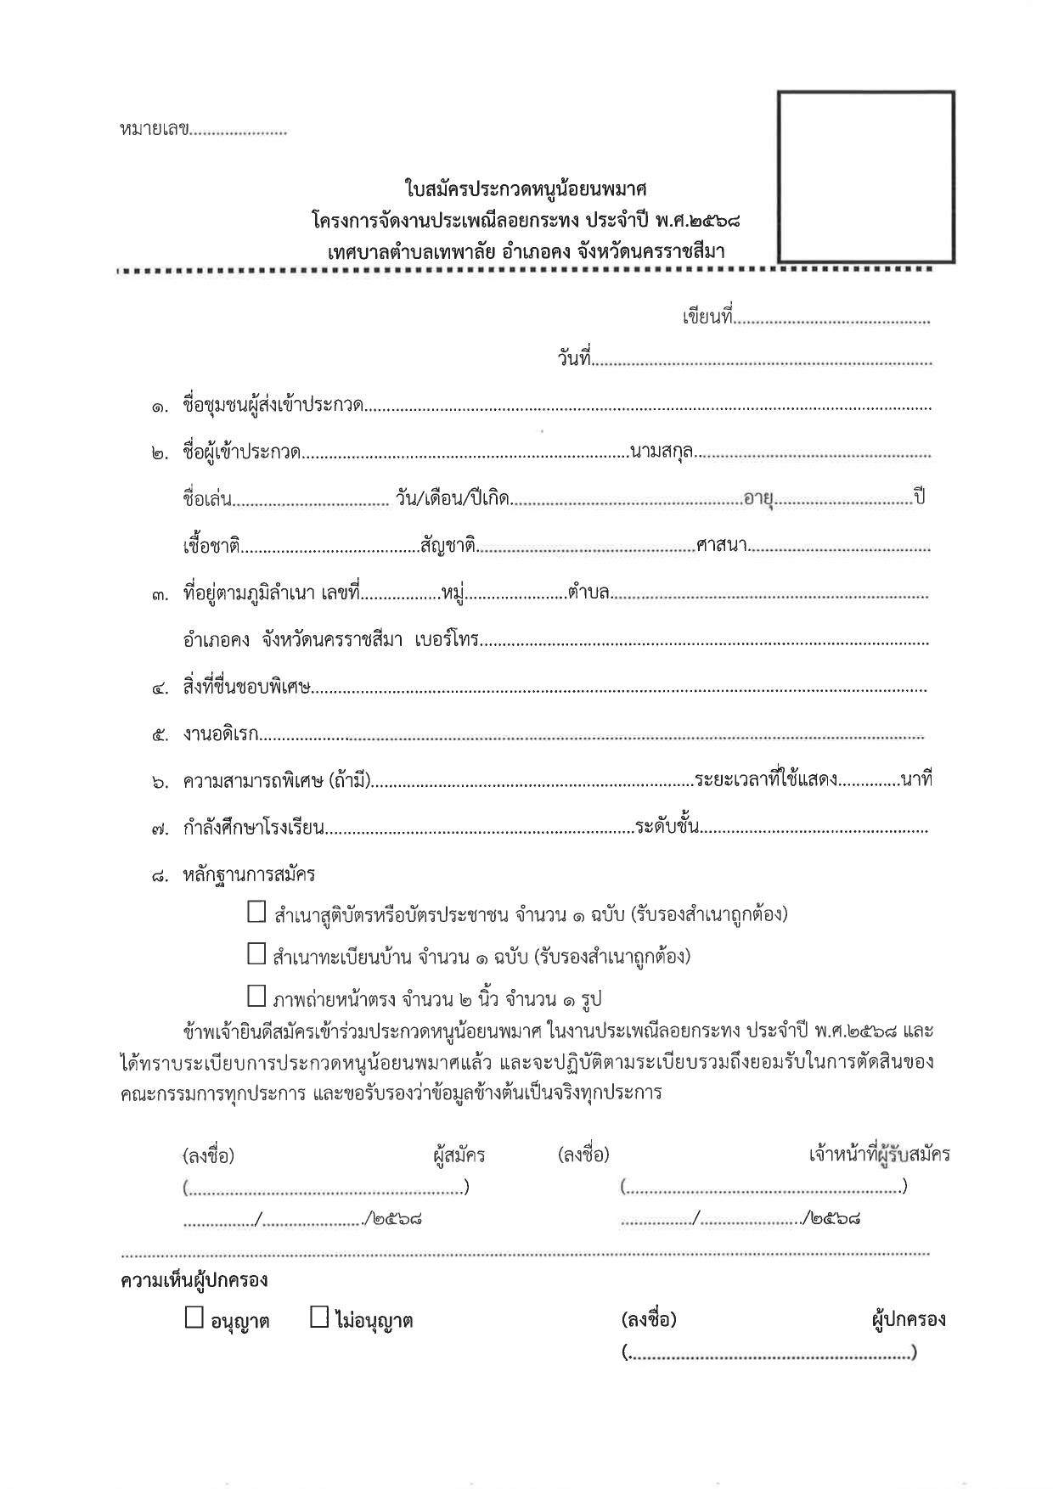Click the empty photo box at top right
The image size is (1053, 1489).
pos(865,177)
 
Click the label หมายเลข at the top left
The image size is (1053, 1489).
pos(154,131)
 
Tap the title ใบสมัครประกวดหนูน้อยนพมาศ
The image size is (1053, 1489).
pos(526,188)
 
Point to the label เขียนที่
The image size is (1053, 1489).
pos(707,318)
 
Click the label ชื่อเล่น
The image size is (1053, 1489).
pos(206,498)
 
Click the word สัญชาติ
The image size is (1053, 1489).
pos(448,544)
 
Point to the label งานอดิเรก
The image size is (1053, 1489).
pos(221,734)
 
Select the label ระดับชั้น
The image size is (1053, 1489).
pos(667,825)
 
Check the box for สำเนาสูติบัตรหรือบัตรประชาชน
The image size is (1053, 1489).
pos(256,913)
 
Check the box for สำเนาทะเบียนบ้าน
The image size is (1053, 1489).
pos(256,954)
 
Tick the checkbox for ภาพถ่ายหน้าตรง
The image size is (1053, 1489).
pos(256,996)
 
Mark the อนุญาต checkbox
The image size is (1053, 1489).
pos(194,1318)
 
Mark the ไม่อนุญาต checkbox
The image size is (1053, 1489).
pos(319,1318)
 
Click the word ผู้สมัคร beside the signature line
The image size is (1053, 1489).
pos(459,1155)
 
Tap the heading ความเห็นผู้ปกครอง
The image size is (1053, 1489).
pos(194,1279)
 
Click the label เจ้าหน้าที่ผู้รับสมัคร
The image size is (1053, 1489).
pos(879,1155)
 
